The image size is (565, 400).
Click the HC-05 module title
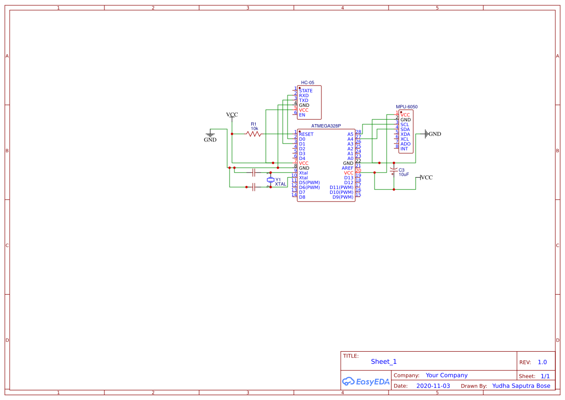click(x=308, y=83)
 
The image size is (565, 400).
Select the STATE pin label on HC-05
click(x=305, y=91)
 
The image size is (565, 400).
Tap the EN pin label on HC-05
click(x=302, y=115)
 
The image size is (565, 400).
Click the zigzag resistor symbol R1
click(x=254, y=134)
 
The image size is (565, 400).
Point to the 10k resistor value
click(x=254, y=129)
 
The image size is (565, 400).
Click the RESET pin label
click(x=306, y=134)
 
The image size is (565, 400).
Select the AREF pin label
click(x=348, y=168)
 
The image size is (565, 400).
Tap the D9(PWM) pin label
click(x=343, y=197)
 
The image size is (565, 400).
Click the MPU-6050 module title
click(x=406, y=107)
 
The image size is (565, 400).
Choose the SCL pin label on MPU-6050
click(x=405, y=125)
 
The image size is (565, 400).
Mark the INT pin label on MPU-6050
click(x=404, y=149)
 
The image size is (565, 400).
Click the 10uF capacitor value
click(x=404, y=174)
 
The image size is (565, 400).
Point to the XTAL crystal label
click(x=280, y=184)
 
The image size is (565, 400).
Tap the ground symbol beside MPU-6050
click(x=427, y=134)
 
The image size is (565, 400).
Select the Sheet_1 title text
click(x=384, y=361)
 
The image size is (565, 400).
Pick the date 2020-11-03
click(x=433, y=386)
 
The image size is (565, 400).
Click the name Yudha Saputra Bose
click(x=521, y=386)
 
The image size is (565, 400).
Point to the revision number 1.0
click(x=542, y=362)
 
